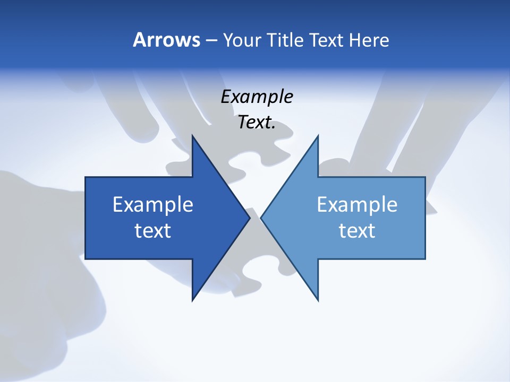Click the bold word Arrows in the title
click(166, 40)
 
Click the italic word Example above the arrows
click(257, 97)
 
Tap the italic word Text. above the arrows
click(257, 123)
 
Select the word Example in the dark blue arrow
click(153, 205)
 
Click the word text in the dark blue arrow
click(153, 231)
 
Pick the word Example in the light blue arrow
click(357, 205)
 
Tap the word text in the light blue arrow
click(357, 231)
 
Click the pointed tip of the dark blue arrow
click(250, 218)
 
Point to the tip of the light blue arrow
click(261, 218)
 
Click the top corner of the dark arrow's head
click(192, 136)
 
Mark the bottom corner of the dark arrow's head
click(192, 300)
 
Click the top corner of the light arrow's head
click(318, 136)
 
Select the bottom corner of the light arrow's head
click(318, 300)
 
